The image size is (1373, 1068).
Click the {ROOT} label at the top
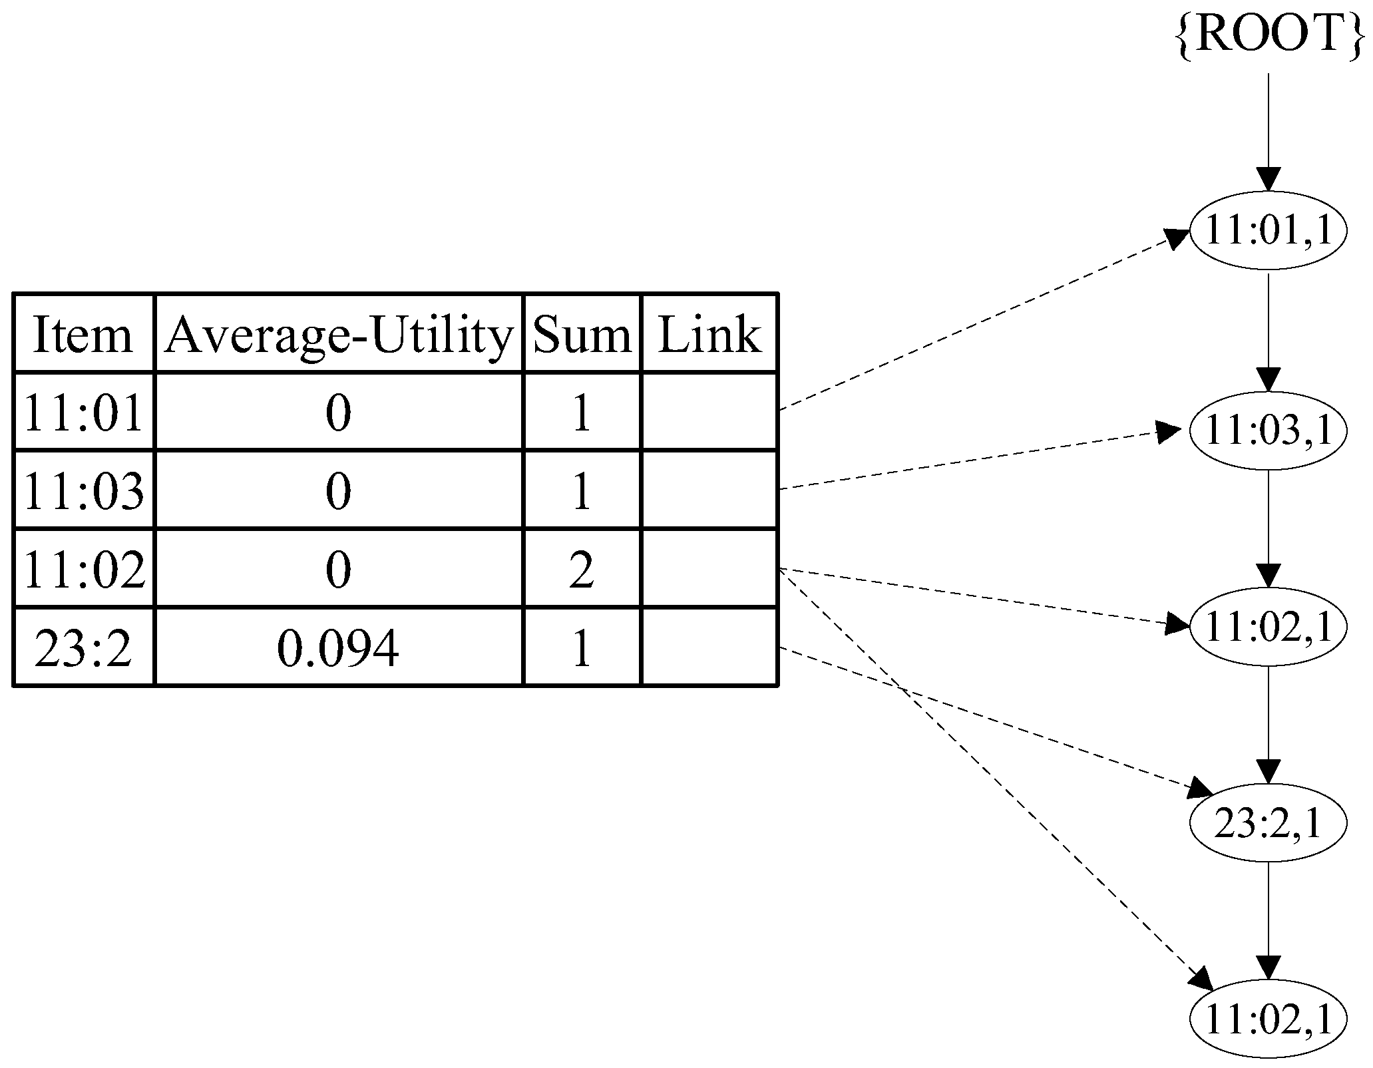click(1268, 35)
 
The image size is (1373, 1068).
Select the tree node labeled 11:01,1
click(1268, 231)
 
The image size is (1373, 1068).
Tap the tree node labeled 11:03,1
click(1268, 430)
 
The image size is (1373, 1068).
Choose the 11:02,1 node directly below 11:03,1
click(1268, 626)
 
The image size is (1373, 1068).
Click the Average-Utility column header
click(339, 334)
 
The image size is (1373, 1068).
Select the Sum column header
click(582, 334)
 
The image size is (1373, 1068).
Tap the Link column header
click(709, 334)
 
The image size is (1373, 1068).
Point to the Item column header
click(83, 334)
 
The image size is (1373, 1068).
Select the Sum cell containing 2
click(582, 570)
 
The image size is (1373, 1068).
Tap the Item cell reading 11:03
click(83, 491)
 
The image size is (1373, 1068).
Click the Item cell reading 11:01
click(83, 413)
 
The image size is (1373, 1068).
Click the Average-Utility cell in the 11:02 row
click(339, 570)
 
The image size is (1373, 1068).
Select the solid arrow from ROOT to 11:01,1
click(1268, 133)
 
